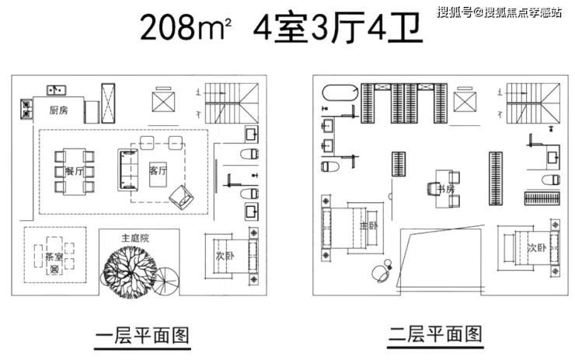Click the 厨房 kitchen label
59,110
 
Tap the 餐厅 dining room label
75,171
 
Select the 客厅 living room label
158,170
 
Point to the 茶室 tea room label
54,257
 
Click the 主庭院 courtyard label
135,238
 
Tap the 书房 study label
446,190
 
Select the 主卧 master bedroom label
368,225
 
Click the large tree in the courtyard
131,271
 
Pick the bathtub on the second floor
340,93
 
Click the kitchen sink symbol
56,89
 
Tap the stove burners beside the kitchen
26,109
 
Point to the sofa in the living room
128,170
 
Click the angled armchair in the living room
181,197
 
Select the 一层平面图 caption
143,335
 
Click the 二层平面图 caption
435,334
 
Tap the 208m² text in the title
186,27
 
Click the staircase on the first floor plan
232,103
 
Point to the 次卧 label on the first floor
225,256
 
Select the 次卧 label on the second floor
536,248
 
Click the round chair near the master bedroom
380,273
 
